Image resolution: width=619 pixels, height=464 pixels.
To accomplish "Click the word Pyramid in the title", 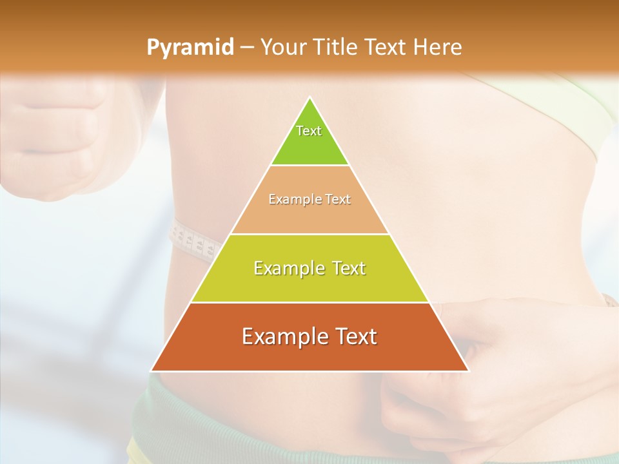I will point(190,48).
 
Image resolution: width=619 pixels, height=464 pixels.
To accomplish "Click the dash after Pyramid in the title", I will point(247,48).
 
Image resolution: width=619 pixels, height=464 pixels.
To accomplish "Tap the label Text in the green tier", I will point(309,131).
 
